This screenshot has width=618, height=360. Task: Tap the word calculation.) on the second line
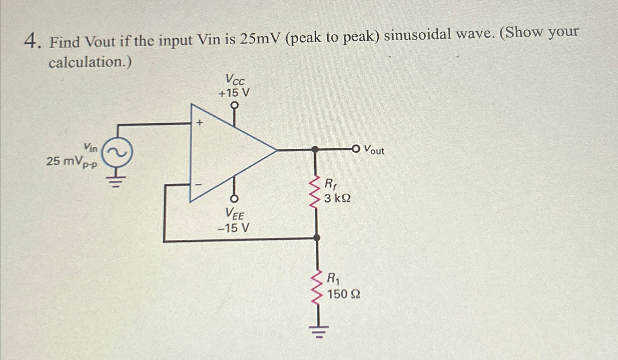(90, 62)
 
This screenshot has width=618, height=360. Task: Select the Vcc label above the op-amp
(235, 79)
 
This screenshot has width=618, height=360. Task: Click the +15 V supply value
(234, 93)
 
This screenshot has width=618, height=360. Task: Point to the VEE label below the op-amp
(234, 214)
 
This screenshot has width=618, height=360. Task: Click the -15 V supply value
(233, 228)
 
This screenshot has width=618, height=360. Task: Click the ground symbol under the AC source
(116, 181)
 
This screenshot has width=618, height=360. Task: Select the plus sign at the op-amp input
(199, 123)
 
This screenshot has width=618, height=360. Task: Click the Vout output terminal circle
(356, 148)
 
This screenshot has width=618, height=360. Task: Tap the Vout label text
(374, 150)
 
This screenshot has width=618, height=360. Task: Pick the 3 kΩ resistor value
(337, 199)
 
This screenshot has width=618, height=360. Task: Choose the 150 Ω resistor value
(343, 294)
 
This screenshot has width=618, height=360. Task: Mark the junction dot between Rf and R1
(316, 238)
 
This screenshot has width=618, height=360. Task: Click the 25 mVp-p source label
(72, 161)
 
